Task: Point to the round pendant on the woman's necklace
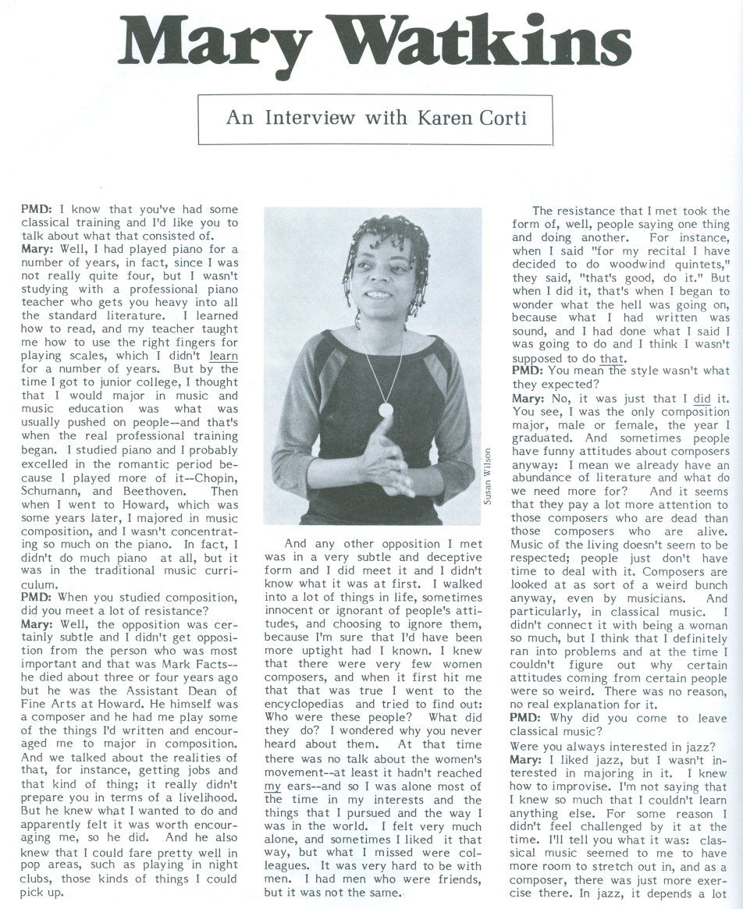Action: tap(385, 408)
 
